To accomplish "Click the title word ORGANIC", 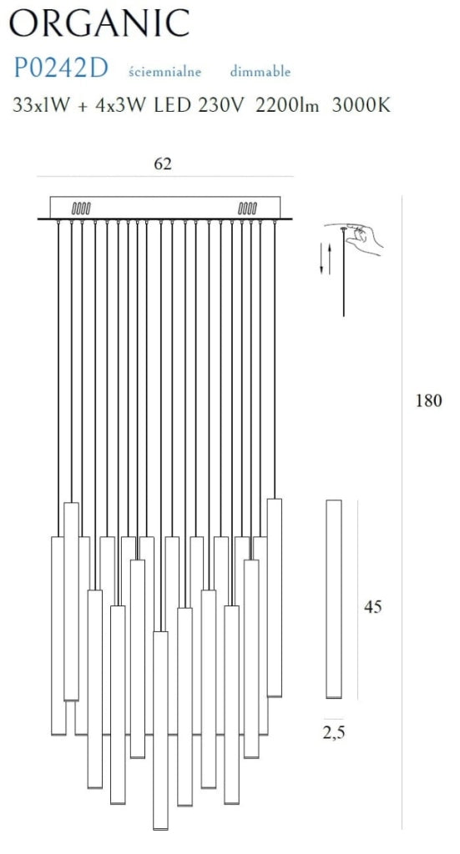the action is (x=99, y=23).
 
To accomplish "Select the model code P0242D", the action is (x=60, y=69).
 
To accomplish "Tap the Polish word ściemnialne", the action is (x=164, y=72).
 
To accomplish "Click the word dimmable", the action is (x=260, y=72).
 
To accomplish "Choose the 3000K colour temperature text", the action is (x=361, y=104).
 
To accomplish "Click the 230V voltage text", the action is (x=220, y=104).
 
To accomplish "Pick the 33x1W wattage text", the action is (x=42, y=104).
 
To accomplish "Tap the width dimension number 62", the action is (x=163, y=163).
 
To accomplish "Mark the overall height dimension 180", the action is (x=428, y=401).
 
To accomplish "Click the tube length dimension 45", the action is (x=373, y=607).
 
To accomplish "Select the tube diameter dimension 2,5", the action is (x=334, y=733).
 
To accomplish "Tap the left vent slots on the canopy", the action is (x=81, y=208).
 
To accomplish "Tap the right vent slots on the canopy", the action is (x=247, y=208).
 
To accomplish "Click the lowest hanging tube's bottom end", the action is (x=161, y=828).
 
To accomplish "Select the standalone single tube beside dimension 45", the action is (x=334, y=599).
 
